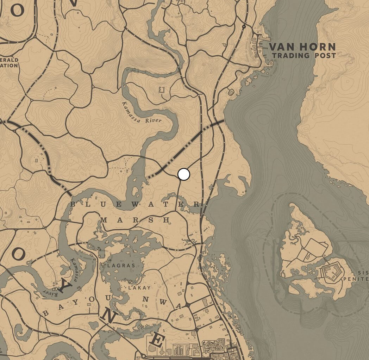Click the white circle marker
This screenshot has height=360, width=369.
coord(184,174)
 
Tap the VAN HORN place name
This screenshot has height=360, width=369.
coord(302,46)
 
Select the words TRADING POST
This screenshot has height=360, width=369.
coord(304,55)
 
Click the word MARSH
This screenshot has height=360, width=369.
coord(135,220)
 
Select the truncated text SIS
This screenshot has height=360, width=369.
coord(363,272)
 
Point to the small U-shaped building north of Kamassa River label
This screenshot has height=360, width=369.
coord(162,89)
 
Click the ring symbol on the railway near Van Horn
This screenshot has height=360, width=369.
coord(244,26)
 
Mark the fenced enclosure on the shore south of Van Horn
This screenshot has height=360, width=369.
coord(231,92)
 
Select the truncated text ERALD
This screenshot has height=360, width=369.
coord(9,60)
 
